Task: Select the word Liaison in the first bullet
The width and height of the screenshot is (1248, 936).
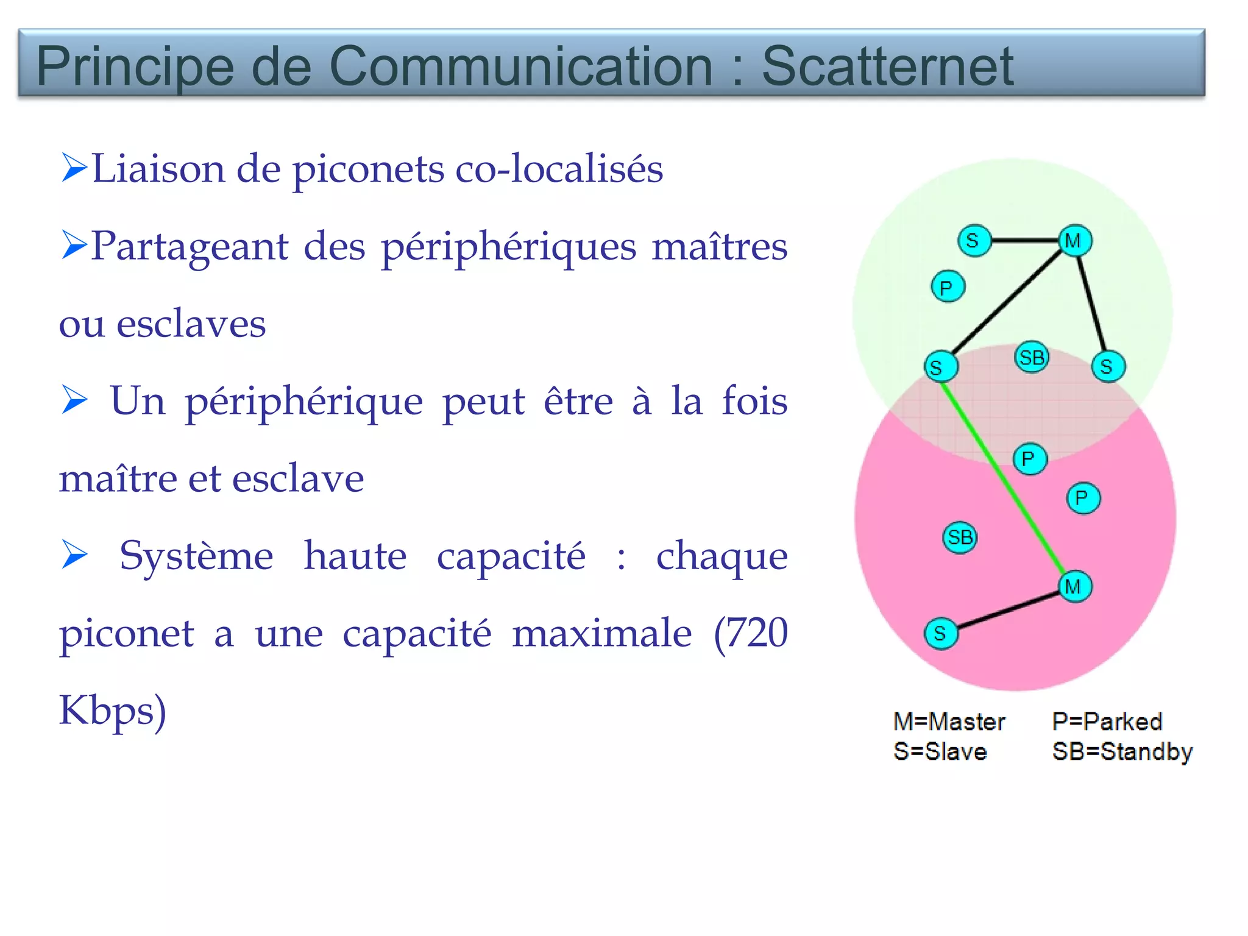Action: pyautogui.click(x=158, y=169)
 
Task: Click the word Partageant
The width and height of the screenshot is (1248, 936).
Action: pyautogui.click(x=190, y=247)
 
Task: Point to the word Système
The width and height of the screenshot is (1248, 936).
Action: pyautogui.click(x=196, y=556)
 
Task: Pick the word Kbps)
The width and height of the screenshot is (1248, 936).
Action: pyautogui.click(x=112, y=712)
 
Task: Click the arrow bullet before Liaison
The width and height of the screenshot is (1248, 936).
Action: pyautogui.click(x=74, y=168)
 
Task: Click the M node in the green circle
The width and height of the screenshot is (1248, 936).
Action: pyautogui.click(x=1074, y=241)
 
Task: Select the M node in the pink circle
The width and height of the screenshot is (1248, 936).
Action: pyautogui.click(x=1074, y=586)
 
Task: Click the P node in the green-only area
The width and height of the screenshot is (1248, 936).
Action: pyautogui.click(x=948, y=286)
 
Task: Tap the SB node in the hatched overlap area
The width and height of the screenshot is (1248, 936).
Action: pyautogui.click(x=1032, y=357)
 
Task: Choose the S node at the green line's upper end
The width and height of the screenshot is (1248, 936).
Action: pyautogui.click(x=940, y=367)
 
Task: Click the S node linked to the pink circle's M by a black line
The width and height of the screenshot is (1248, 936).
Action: pyautogui.click(x=941, y=633)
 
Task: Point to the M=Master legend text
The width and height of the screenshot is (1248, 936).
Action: pyautogui.click(x=949, y=721)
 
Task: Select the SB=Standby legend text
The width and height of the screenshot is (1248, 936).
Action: pyautogui.click(x=1122, y=752)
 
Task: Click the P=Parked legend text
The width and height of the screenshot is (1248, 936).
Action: pyautogui.click(x=1107, y=721)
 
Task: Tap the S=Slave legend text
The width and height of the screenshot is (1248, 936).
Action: pyautogui.click(x=940, y=752)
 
